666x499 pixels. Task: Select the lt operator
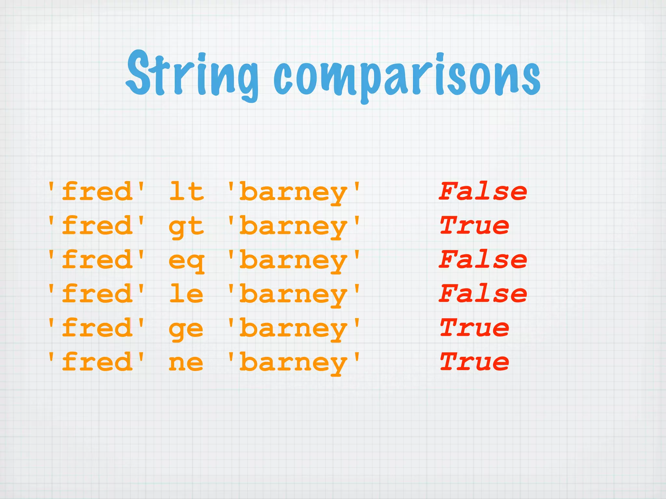(186, 192)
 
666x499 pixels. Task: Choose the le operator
(186, 294)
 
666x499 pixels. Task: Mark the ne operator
(186, 363)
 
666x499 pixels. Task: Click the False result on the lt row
(483, 192)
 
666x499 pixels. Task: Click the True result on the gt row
(474, 225)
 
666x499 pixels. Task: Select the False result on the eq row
(483, 260)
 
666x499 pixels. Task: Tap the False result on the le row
(483, 294)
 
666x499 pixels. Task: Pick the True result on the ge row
(474, 328)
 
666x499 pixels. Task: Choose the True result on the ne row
(474, 362)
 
